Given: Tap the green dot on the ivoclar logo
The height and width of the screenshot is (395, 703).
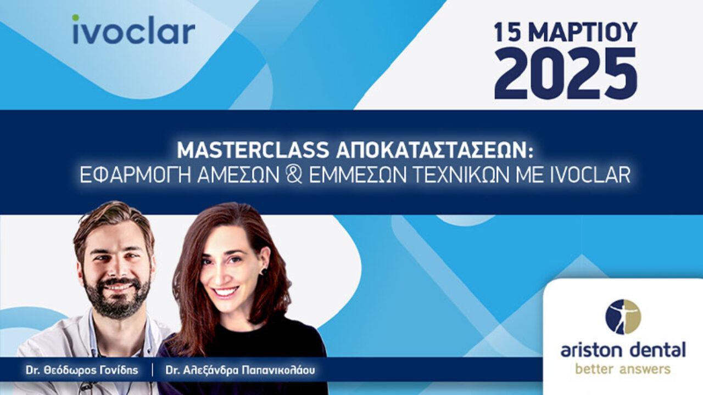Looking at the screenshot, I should [x=76, y=18].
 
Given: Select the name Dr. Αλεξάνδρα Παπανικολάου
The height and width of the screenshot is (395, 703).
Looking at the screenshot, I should [x=241, y=370].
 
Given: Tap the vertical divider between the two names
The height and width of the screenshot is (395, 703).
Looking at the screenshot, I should [x=152, y=370].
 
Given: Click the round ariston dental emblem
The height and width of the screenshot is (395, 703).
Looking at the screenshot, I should [x=623, y=317].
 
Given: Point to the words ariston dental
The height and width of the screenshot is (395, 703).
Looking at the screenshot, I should [x=623, y=349].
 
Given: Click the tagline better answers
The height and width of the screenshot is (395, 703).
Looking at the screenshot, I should [x=623, y=368].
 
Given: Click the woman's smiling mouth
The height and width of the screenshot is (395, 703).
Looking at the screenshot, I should [x=225, y=291].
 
